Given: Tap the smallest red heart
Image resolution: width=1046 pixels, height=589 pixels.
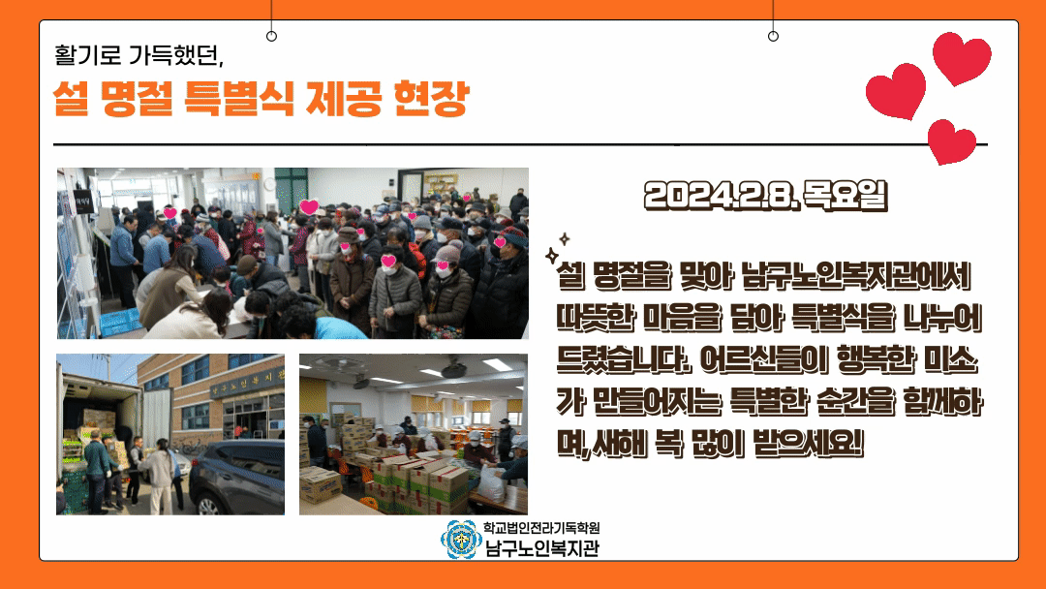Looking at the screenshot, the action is (952, 141).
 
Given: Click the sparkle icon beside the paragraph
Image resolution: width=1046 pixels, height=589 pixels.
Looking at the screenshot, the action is (557, 249).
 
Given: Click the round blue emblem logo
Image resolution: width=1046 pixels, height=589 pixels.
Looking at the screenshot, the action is (460, 539).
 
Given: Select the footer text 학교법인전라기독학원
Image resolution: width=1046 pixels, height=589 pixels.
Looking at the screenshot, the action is (541, 528).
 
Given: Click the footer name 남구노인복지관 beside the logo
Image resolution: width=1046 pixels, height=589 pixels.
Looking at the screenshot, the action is (541, 548).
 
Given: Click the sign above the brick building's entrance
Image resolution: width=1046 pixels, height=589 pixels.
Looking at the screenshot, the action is (248, 383).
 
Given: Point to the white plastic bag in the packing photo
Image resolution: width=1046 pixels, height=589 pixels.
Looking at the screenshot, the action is (492, 483).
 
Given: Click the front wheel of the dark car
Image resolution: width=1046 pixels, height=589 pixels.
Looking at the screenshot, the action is (209, 505).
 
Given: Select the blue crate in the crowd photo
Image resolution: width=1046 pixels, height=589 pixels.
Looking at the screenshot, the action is (120, 322).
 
